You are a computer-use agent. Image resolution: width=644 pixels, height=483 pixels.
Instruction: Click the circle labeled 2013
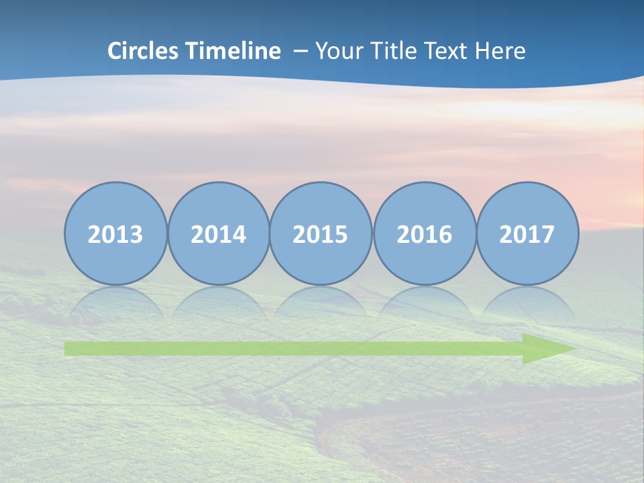click(x=115, y=233)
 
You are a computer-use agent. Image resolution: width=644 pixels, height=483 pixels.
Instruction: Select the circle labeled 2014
click(x=219, y=233)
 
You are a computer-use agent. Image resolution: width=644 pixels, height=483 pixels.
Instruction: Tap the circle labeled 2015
click(x=321, y=233)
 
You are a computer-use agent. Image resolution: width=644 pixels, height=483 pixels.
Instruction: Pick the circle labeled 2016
click(x=425, y=233)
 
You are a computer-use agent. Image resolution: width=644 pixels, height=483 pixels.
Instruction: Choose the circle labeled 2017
click(x=527, y=233)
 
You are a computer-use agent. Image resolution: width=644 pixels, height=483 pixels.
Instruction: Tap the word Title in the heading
click(x=390, y=51)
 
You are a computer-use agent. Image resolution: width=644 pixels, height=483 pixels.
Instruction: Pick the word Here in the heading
click(x=500, y=51)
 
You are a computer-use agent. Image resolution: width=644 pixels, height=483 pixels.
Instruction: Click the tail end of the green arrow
click(x=69, y=349)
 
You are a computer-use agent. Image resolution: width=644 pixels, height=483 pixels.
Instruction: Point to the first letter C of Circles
click(x=115, y=51)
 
